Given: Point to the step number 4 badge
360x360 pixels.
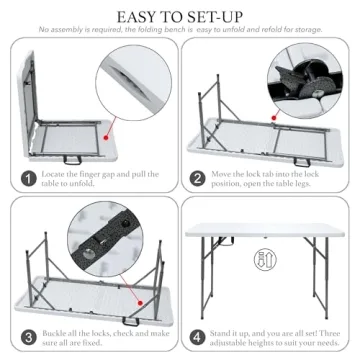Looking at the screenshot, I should (x=197, y=338).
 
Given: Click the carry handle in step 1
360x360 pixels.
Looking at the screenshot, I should (x=72, y=157).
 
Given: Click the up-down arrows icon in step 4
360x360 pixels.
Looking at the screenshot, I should (x=263, y=262).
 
